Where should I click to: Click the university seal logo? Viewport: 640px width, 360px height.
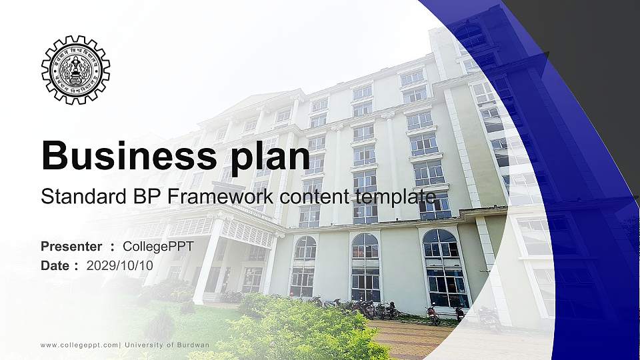point(75,70)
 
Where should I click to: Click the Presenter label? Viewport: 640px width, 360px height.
point(71,247)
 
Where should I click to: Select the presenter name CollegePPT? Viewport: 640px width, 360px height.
point(159,247)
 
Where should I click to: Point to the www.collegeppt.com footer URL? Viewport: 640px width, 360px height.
point(80,345)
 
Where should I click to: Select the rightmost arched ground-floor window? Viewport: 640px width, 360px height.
point(443,267)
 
